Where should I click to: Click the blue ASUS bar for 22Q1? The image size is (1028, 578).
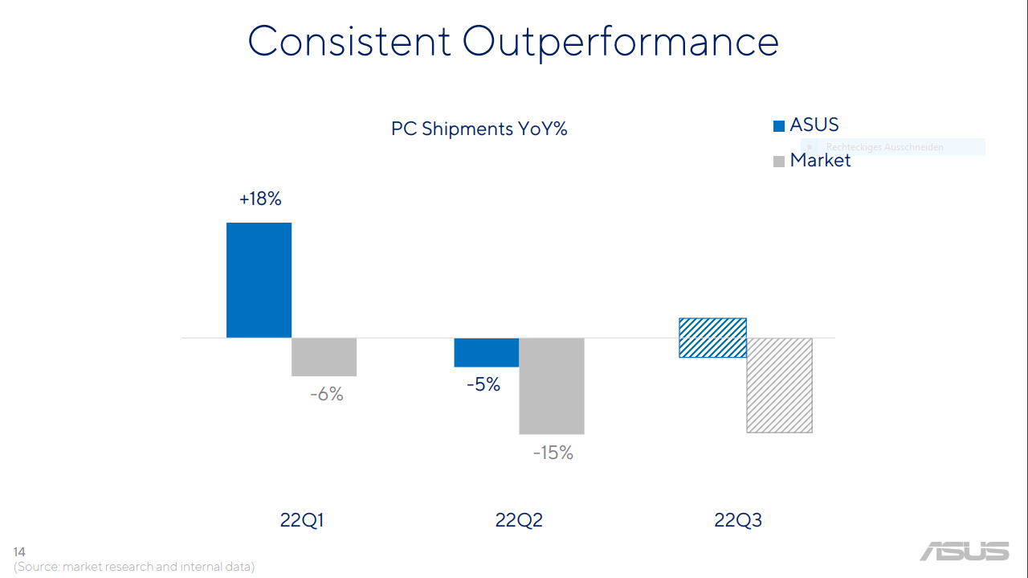(259, 280)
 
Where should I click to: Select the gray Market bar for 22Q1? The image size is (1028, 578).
(324, 357)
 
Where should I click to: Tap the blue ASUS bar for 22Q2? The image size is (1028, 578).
(487, 352)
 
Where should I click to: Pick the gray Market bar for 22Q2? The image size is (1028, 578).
(552, 386)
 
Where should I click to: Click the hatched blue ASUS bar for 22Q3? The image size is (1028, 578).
(712, 338)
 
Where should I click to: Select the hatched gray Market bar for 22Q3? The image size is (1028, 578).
(779, 385)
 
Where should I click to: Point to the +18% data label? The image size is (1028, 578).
(260, 199)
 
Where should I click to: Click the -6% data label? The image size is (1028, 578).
(326, 395)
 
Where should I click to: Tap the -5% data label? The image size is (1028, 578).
(483, 385)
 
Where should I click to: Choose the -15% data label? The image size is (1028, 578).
(553, 453)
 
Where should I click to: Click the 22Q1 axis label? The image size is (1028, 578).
(302, 520)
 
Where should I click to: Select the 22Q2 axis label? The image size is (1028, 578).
(519, 520)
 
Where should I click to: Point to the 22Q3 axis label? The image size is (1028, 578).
(738, 520)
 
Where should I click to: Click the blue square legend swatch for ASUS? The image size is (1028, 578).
(778, 126)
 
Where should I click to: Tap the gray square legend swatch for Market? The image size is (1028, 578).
(778, 162)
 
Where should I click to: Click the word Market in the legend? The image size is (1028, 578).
(820, 160)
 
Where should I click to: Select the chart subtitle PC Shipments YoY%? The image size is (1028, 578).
(479, 129)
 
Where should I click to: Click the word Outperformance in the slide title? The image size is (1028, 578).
(621, 42)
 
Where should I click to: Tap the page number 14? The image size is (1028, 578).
(19, 551)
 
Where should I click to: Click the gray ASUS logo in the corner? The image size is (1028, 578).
(965, 551)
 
